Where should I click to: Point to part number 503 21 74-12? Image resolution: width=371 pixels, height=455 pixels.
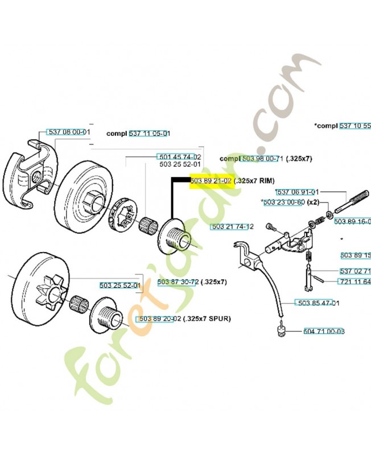(x=232, y=226)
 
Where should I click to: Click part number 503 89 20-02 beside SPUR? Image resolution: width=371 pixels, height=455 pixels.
(x=160, y=318)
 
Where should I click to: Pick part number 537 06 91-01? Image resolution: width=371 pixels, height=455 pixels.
(x=296, y=192)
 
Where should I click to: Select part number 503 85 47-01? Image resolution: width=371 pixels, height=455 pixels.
(x=318, y=303)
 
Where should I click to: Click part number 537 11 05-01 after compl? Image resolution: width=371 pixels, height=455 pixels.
(x=150, y=133)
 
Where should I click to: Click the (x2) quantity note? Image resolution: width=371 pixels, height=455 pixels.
(x=313, y=202)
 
